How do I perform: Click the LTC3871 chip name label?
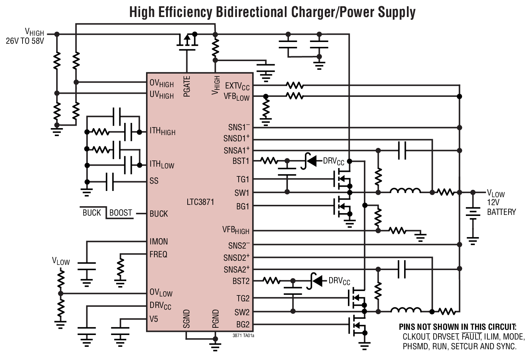[x=200, y=202]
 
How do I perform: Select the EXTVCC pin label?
[x=237, y=85]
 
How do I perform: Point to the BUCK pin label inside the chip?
[x=159, y=214]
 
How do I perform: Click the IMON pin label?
[x=159, y=241]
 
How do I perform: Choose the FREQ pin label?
[x=158, y=254]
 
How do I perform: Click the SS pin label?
[x=154, y=181]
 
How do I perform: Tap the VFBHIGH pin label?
[x=236, y=230]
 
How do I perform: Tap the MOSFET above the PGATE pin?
[x=187, y=41]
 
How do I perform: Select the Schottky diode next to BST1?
[x=308, y=161]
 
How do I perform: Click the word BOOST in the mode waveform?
[x=120, y=213]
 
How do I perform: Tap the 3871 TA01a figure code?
[x=243, y=336]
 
